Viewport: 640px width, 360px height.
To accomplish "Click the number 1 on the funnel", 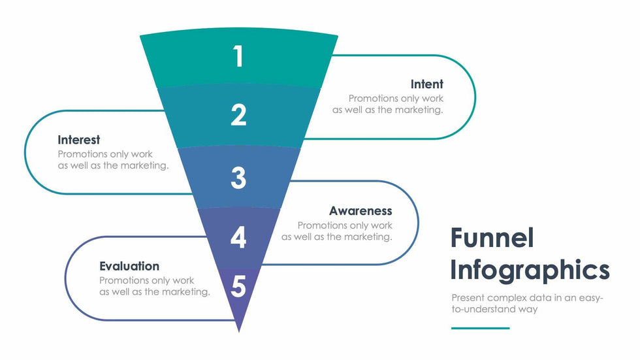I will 238,56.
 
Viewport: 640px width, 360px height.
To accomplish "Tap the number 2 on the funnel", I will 238,115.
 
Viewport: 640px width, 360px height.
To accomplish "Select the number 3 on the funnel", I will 238,178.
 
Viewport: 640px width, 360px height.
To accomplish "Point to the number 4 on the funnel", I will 238,237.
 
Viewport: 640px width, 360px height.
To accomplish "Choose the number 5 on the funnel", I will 238,287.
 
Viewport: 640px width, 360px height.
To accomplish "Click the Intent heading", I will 426,84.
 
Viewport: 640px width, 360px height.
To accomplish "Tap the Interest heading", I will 78,140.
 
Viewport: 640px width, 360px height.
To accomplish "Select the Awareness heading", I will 360,211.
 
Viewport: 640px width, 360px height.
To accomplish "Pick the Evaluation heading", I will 129,266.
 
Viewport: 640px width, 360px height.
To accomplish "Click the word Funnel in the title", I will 492,238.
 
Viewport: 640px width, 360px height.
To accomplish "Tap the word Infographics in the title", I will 530,270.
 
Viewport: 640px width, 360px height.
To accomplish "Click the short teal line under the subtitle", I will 480,328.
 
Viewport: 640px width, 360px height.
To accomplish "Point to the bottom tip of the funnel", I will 238,330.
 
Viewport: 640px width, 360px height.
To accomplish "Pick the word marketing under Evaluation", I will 185,292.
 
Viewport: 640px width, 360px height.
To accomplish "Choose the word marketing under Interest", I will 144,166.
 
